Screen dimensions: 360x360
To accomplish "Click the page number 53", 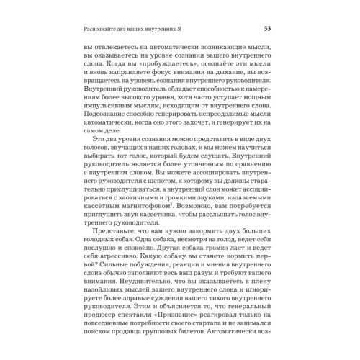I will [267, 29].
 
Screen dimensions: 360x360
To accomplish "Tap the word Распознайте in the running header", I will [106, 29].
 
